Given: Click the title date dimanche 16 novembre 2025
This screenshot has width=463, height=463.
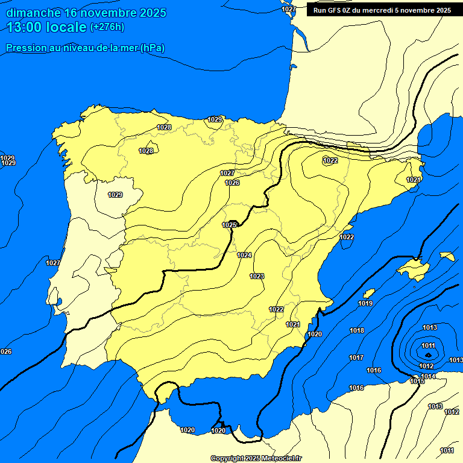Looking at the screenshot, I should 86,13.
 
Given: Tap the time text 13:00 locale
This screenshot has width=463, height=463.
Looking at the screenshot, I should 46,27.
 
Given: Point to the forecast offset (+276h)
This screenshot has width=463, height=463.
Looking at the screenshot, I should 107,27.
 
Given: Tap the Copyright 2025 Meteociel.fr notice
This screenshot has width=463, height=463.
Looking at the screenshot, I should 256,458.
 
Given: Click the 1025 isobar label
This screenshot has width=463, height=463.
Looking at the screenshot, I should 229,225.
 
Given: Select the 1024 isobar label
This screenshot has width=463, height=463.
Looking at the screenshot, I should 244,255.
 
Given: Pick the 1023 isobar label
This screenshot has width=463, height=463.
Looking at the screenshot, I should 257,276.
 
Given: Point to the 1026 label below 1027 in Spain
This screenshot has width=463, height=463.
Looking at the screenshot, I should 232,183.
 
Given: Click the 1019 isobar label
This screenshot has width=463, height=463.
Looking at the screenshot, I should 365,303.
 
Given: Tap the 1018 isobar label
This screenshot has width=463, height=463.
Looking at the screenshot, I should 357,330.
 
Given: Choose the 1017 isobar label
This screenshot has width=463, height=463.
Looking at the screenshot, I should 356,357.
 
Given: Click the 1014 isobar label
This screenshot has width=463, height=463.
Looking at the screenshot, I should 429,376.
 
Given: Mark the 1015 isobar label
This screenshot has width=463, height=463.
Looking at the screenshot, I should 417,381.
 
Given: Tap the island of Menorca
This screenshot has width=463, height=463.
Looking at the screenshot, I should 447,256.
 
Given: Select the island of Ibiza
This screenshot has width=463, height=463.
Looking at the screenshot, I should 370,293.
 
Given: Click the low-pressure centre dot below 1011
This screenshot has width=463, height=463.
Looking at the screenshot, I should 428,355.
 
